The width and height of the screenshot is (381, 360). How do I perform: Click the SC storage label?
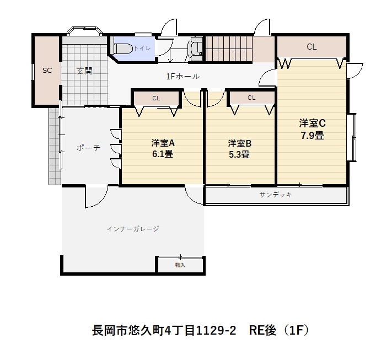[47, 70]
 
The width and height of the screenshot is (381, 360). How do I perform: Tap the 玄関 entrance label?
[84, 70]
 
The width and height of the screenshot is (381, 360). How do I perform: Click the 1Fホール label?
[183, 76]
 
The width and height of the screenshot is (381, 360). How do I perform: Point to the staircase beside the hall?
[228, 49]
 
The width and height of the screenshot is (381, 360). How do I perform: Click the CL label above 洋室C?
[312, 47]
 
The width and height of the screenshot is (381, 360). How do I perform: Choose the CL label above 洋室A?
[156, 98]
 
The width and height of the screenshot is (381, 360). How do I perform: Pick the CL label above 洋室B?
[251, 98]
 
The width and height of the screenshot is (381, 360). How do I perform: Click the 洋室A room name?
[163, 143]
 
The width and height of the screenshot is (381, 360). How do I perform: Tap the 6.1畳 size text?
[163, 154]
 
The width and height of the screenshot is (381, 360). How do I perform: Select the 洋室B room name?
[240, 143]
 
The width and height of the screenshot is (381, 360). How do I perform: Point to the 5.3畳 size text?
[239, 154]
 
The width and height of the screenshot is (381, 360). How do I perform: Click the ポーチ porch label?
[88, 148]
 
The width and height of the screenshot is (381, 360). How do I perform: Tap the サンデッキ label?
[275, 195]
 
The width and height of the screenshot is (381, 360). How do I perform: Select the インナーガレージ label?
[133, 228]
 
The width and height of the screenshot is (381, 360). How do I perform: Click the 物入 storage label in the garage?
[180, 265]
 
